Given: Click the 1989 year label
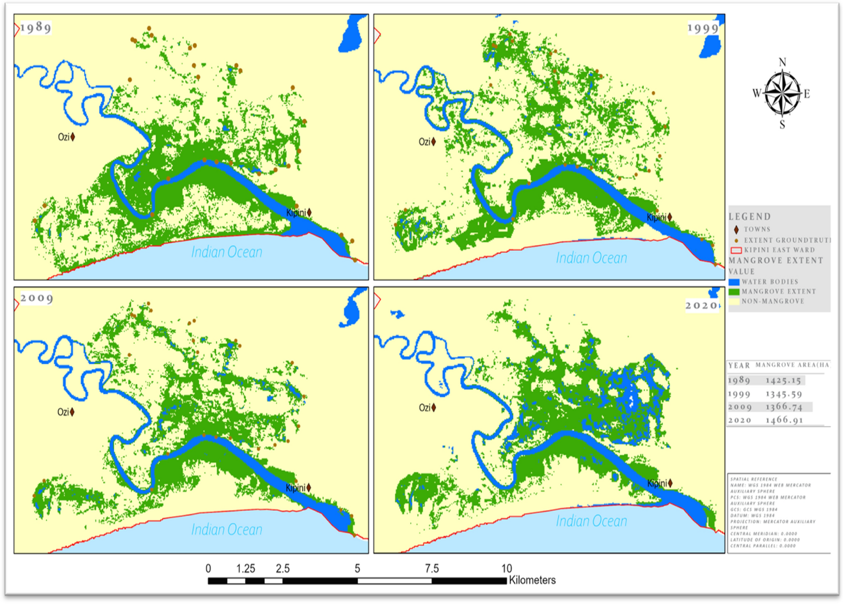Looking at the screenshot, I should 36,27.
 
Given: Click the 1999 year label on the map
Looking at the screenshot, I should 702,28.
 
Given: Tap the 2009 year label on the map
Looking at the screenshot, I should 37,298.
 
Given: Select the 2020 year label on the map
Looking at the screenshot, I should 702,305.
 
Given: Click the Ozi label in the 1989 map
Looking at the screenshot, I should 64,137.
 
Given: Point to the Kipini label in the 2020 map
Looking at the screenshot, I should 657,483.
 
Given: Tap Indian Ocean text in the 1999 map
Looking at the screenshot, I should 591,258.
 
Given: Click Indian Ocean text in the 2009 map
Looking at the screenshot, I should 227,529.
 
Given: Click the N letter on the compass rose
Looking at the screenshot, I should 782,62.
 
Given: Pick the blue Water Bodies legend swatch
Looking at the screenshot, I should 734,282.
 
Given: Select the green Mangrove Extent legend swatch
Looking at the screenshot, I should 734,291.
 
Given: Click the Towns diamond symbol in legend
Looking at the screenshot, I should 736,229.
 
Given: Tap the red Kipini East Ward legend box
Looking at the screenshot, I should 736,250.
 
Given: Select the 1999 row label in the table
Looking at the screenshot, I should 739,394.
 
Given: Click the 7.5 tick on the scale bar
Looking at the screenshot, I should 432,568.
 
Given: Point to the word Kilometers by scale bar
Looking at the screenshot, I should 532,580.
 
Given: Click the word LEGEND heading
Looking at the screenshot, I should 750,217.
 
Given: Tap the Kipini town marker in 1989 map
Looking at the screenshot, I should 309,212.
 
